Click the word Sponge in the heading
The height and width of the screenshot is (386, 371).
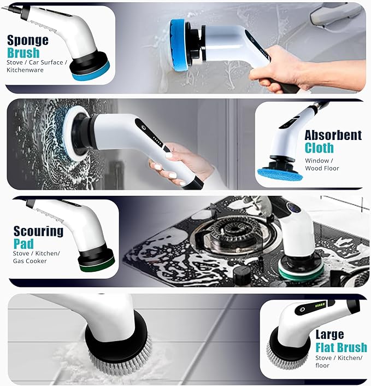(27, 40)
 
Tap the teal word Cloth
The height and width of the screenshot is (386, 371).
(319, 148)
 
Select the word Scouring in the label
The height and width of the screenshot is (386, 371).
(39, 231)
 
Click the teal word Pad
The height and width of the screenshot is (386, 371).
(23, 243)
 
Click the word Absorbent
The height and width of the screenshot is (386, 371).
(333, 135)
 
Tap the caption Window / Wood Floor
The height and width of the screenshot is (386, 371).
(322, 165)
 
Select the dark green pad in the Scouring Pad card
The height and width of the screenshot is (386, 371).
(97, 264)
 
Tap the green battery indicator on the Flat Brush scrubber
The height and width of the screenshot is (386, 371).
(320, 304)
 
